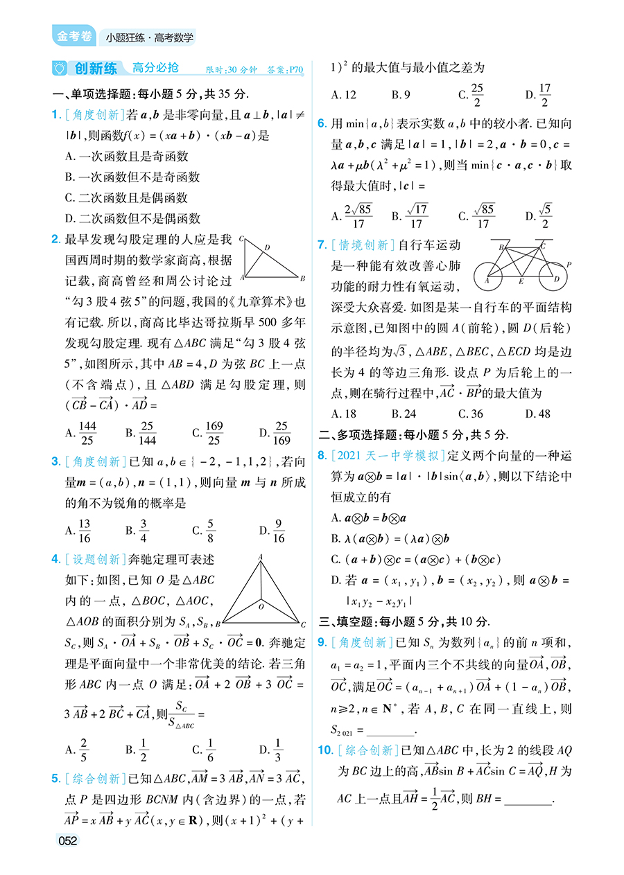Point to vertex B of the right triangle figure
pos(302,279)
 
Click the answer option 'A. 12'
pos(344,95)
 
